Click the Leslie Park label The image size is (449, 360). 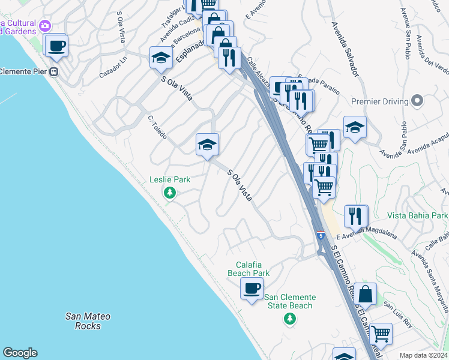tap(169, 179)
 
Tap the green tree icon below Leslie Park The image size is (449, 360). tap(170, 193)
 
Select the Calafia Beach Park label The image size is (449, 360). tap(249, 269)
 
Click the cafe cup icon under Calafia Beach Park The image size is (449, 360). tap(252, 289)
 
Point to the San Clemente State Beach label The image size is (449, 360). tap(290, 301)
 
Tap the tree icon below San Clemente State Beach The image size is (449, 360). tap(290, 318)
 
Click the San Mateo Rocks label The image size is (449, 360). tap(88, 321)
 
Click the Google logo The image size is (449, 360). tap(20, 353)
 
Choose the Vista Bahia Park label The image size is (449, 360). tap(418, 215)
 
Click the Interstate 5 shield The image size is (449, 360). tap(321, 236)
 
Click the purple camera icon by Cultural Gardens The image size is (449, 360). tap(45, 25)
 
